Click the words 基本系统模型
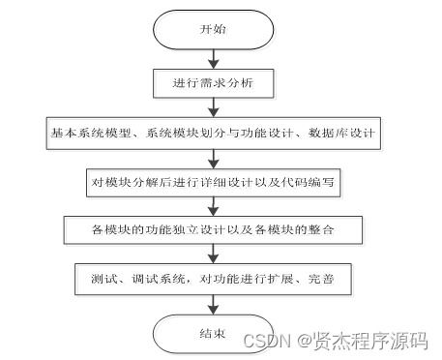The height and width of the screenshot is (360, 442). tap(79, 131)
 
